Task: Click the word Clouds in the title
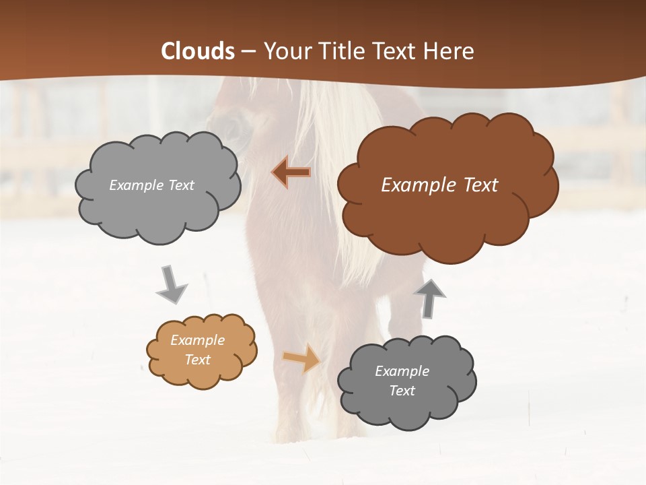(198, 51)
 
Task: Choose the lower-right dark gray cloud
(406, 404)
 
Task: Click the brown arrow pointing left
(291, 172)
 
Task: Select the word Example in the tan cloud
(197, 340)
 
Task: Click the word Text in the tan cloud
(197, 360)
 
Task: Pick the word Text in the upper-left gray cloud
(179, 185)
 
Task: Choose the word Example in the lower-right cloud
(402, 371)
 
